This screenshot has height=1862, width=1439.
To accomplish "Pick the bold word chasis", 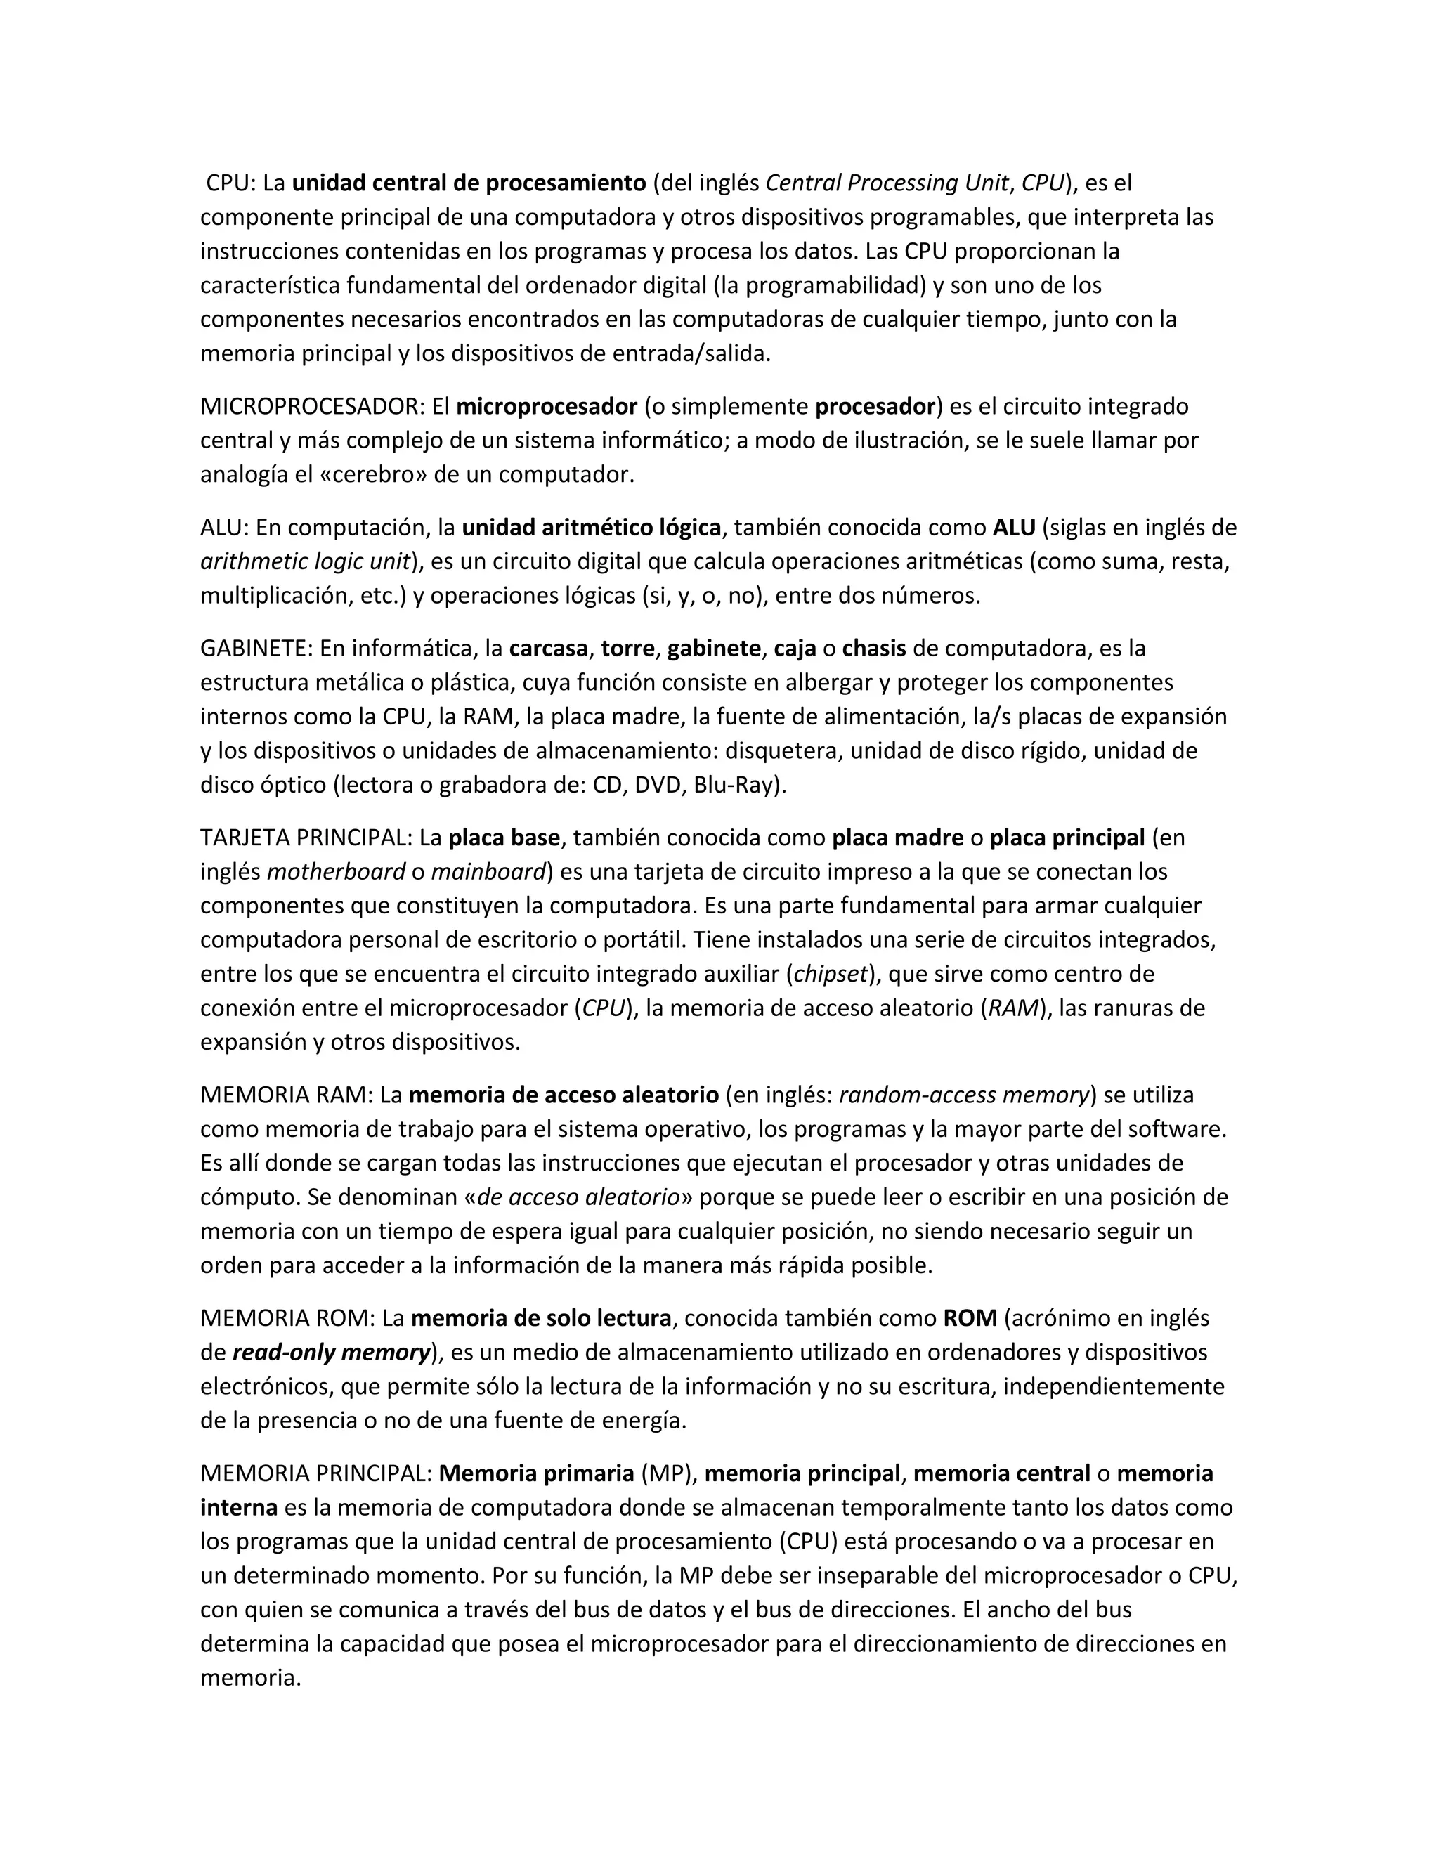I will [x=874, y=649].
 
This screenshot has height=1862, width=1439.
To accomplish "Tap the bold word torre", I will [x=627, y=649].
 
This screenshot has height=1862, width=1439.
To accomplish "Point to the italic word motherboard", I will [x=336, y=872].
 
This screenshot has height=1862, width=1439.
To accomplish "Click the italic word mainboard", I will [x=488, y=872].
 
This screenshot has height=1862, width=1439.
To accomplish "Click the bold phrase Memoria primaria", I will [x=536, y=1474].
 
